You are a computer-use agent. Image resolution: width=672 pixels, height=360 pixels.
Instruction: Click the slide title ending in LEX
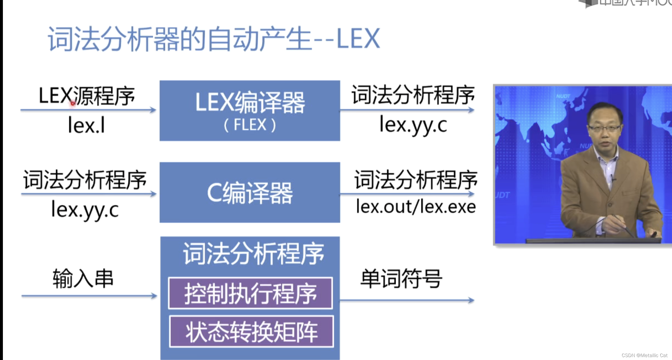click(214, 39)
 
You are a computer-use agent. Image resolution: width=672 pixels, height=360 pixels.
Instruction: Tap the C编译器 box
click(250, 193)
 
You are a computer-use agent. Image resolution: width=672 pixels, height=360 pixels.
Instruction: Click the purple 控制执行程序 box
click(250, 293)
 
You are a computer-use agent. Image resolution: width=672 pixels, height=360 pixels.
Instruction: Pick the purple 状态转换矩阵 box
click(251, 331)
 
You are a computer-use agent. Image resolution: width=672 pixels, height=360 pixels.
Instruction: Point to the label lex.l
click(86, 125)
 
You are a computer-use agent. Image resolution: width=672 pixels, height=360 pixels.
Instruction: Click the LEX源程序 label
click(87, 96)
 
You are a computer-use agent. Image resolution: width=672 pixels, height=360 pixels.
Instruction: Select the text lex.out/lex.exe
click(416, 207)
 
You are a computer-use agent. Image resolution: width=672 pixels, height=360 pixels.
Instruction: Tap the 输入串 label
click(83, 278)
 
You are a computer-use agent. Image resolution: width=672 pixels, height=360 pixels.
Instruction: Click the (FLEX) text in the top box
click(250, 125)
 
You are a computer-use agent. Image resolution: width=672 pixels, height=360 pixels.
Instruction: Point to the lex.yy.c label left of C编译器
click(85, 210)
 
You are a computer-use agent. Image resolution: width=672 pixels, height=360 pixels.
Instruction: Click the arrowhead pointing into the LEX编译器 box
click(153, 110)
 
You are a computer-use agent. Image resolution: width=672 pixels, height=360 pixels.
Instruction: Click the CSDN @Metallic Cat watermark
click(644, 355)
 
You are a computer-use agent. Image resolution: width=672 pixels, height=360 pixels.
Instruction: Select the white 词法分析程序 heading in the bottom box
click(253, 254)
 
